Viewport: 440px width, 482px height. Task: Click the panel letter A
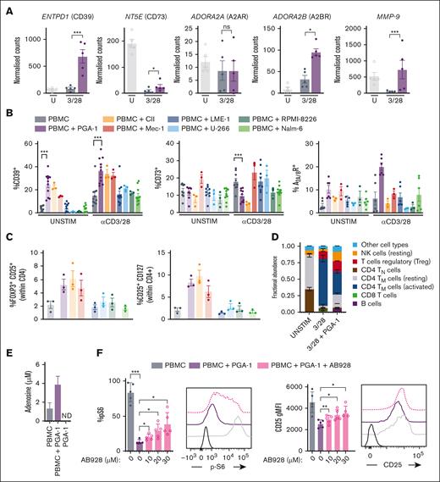[x=7, y=7]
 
